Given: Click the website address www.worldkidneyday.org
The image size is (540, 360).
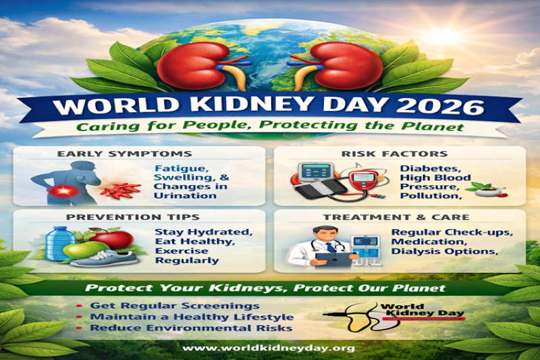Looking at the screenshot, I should pyautogui.click(x=269, y=348).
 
